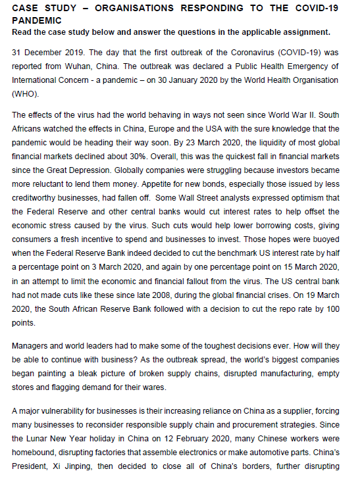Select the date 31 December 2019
pyautogui.click(x=44, y=52)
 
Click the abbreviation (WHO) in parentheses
pyautogui.click(x=24, y=94)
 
